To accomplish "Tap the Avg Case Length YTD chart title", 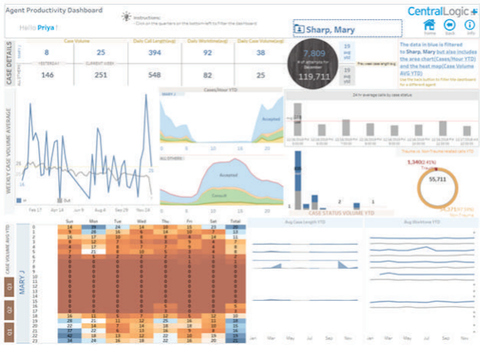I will [x=303, y=222].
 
